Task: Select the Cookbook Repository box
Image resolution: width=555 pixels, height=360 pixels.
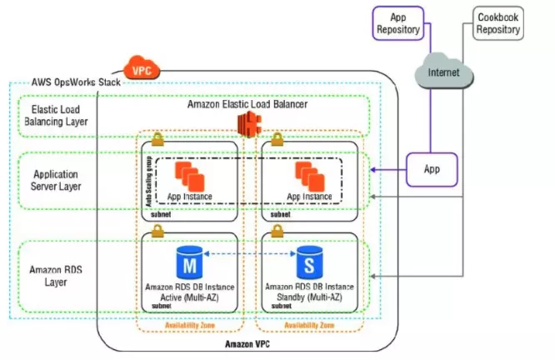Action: click(x=498, y=22)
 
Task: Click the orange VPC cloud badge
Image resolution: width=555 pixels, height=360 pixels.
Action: click(x=136, y=67)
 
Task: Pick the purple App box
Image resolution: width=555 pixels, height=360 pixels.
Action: click(x=431, y=168)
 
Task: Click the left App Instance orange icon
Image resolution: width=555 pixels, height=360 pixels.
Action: click(x=187, y=176)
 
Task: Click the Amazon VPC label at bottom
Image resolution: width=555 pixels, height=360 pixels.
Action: click(x=247, y=343)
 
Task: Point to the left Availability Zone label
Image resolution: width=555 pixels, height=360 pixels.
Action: click(x=193, y=326)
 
